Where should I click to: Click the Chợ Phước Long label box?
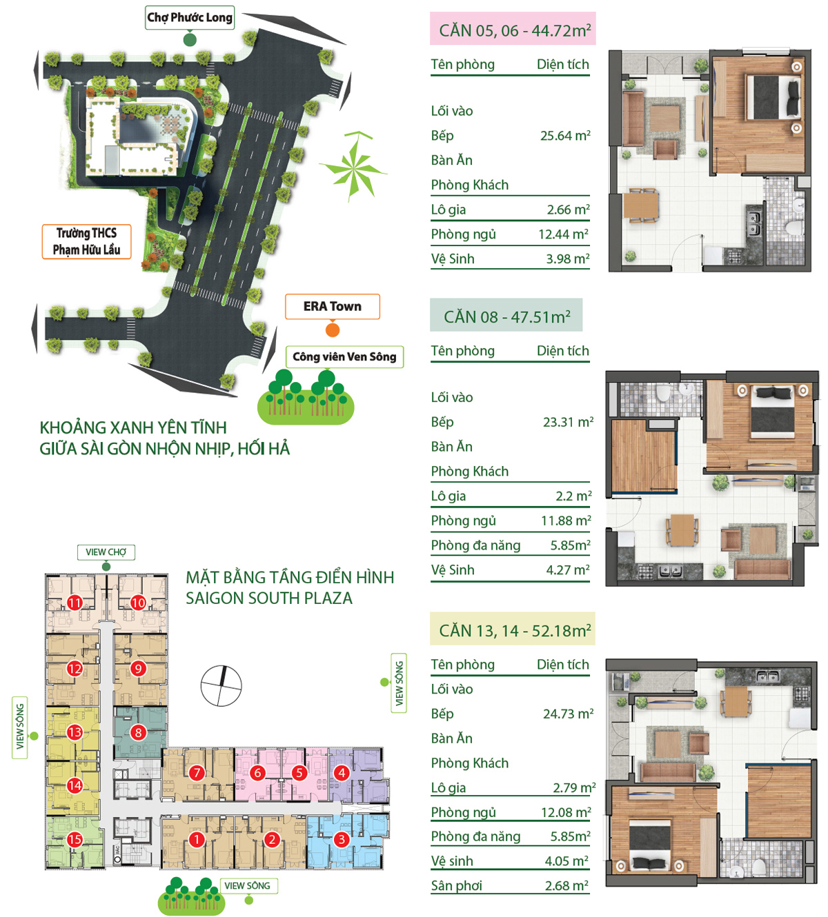[x=189, y=17]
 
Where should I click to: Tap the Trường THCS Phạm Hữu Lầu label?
[x=86, y=241]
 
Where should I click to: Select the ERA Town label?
[x=332, y=306]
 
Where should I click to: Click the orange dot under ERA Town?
[x=333, y=330]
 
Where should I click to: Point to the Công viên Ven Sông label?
[x=344, y=356]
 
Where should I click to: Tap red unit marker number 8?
[x=138, y=732]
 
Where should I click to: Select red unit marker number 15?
[x=75, y=839]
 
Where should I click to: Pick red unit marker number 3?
[x=342, y=839]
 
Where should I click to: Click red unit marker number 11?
[x=75, y=603]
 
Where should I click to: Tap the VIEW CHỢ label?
[x=106, y=552]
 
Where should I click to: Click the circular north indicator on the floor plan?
[x=221, y=686]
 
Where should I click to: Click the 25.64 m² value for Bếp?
[x=565, y=135]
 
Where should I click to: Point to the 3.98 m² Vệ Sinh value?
[x=568, y=259]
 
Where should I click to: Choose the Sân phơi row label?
[x=457, y=885]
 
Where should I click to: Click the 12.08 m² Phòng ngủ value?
[x=566, y=812]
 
